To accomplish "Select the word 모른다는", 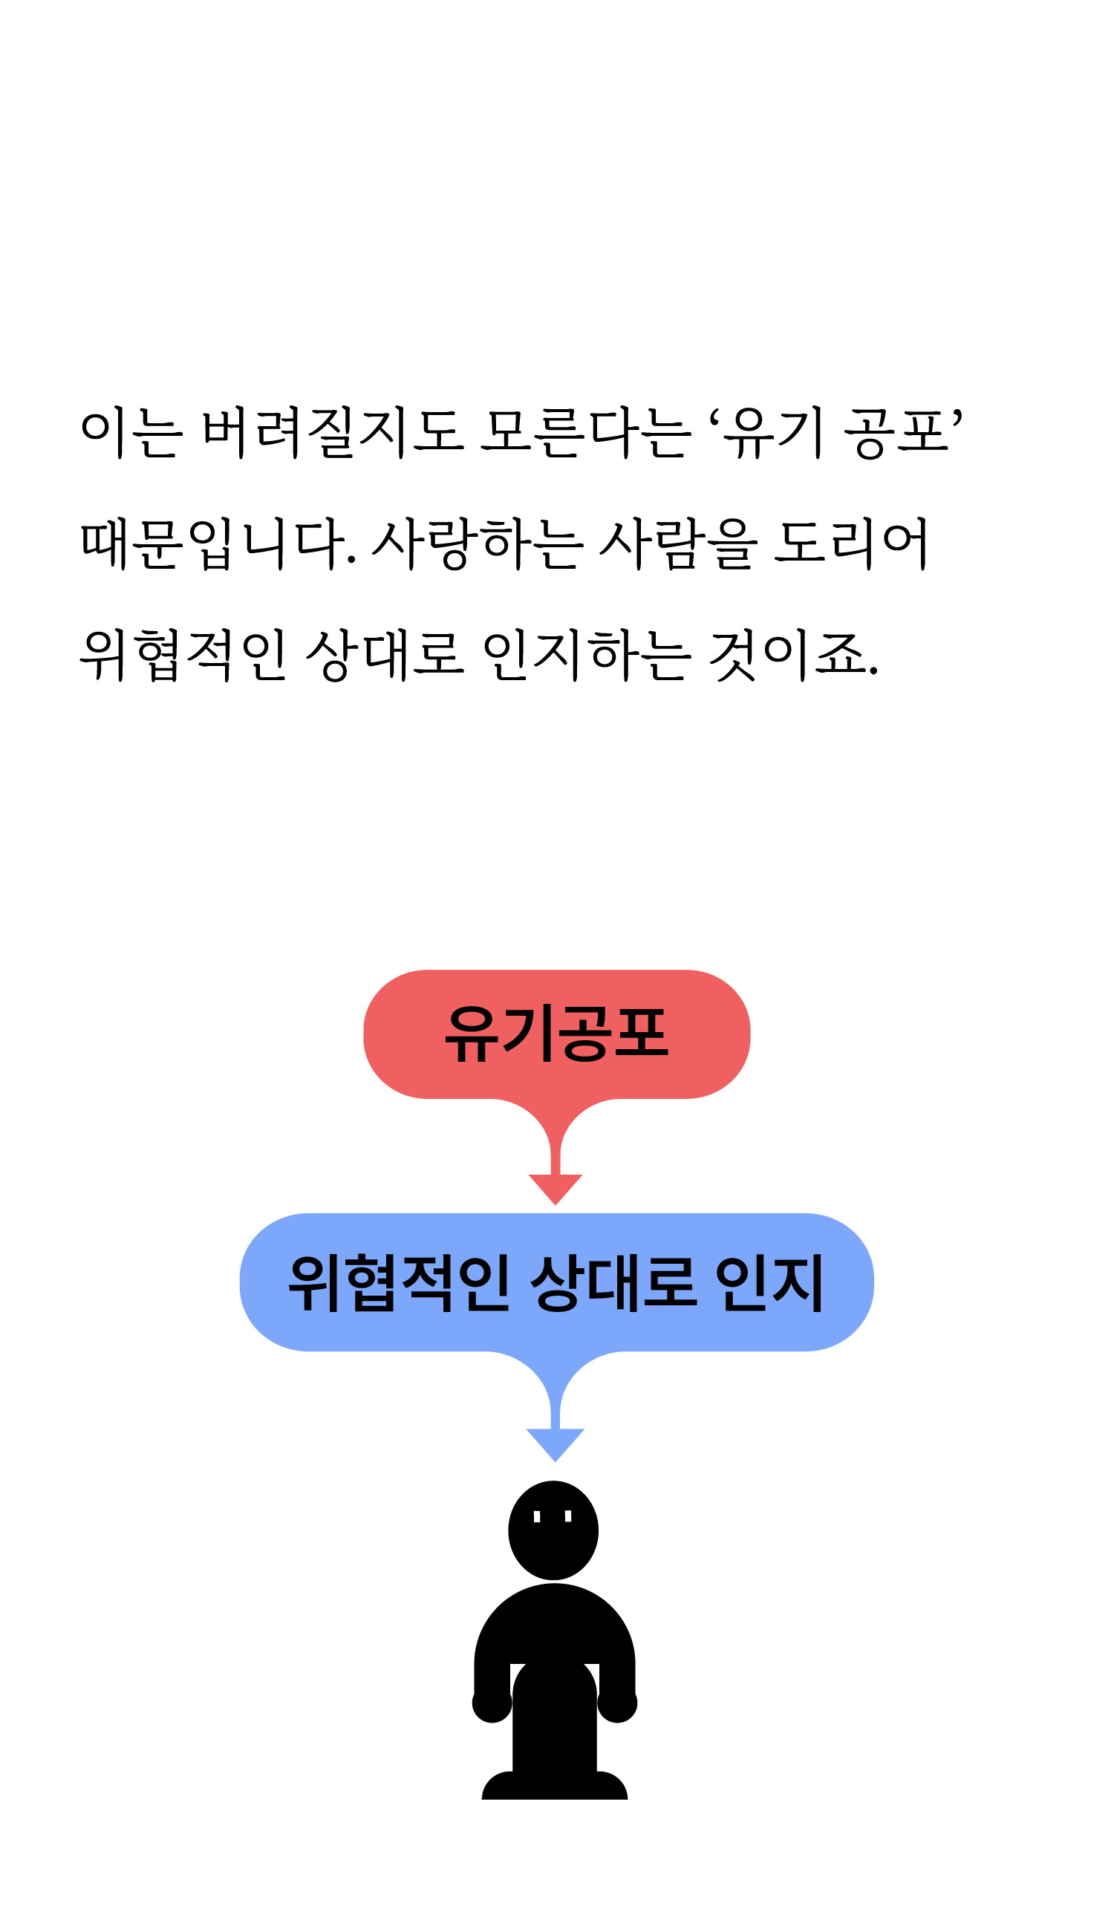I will pyautogui.click(x=585, y=433).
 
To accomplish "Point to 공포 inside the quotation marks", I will pyautogui.click(x=896, y=433).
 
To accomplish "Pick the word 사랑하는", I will pyautogui.click(x=478, y=544).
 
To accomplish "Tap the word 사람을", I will pyautogui.click(x=677, y=544).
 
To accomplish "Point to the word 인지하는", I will pyautogui.click(x=586, y=655).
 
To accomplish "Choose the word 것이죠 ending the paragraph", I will pyautogui.click(x=791, y=655).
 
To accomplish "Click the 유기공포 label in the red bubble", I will pyautogui.click(x=556, y=1034).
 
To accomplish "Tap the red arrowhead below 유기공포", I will pyautogui.click(x=555, y=1187).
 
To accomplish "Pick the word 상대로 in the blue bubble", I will pyautogui.click(x=613, y=1283).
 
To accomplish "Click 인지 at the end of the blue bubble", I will pyautogui.click(x=769, y=1283).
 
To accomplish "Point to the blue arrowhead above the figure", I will pyautogui.click(x=555, y=1443).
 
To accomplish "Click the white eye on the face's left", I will pyautogui.click(x=537, y=1516).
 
